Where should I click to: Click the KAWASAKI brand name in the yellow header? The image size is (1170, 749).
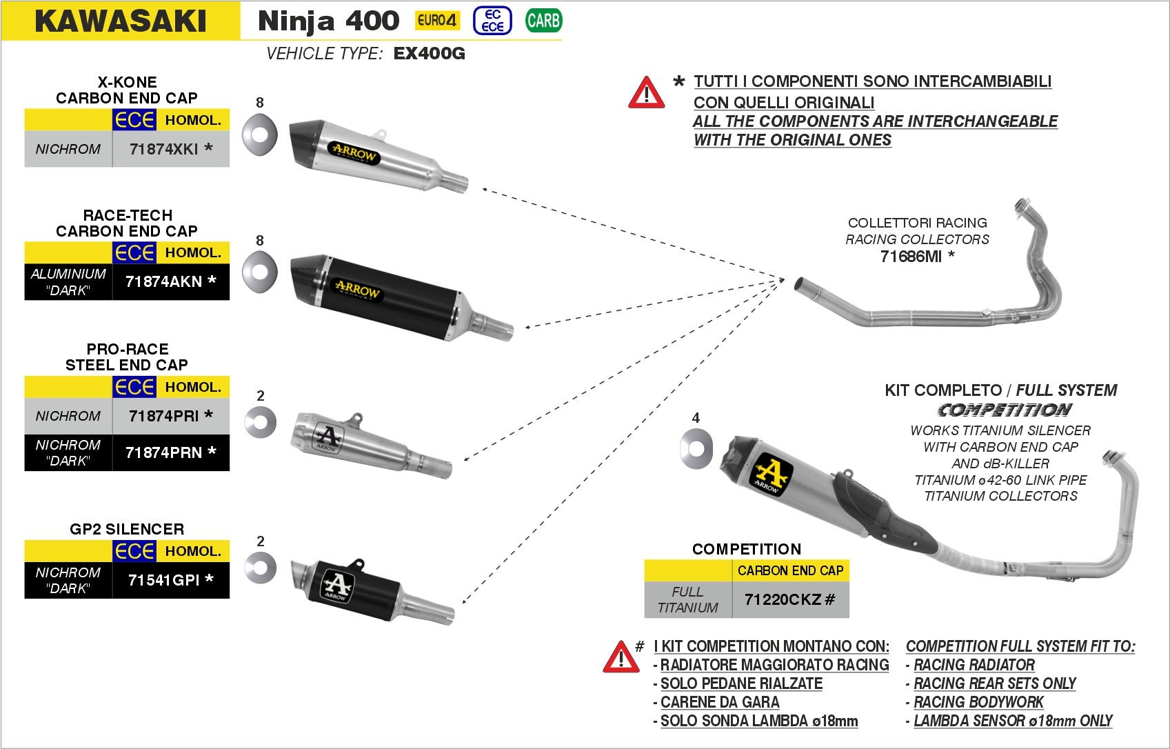coord(121,21)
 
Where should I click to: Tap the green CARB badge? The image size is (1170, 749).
coord(543,21)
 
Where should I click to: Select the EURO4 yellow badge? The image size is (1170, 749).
coord(437,21)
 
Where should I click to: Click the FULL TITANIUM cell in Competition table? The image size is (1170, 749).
coord(687,599)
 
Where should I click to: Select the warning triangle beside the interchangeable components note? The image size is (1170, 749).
coord(646,93)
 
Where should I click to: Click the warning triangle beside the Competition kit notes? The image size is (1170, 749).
coord(621,657)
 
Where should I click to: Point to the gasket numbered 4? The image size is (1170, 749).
coord(696,449)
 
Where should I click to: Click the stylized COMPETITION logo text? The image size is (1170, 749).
coord(1004,410)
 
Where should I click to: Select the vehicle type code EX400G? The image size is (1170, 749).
coord(429,54)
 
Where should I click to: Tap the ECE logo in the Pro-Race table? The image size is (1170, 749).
coord(134,387)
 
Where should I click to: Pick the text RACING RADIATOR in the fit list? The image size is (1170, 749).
coord(974,665)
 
